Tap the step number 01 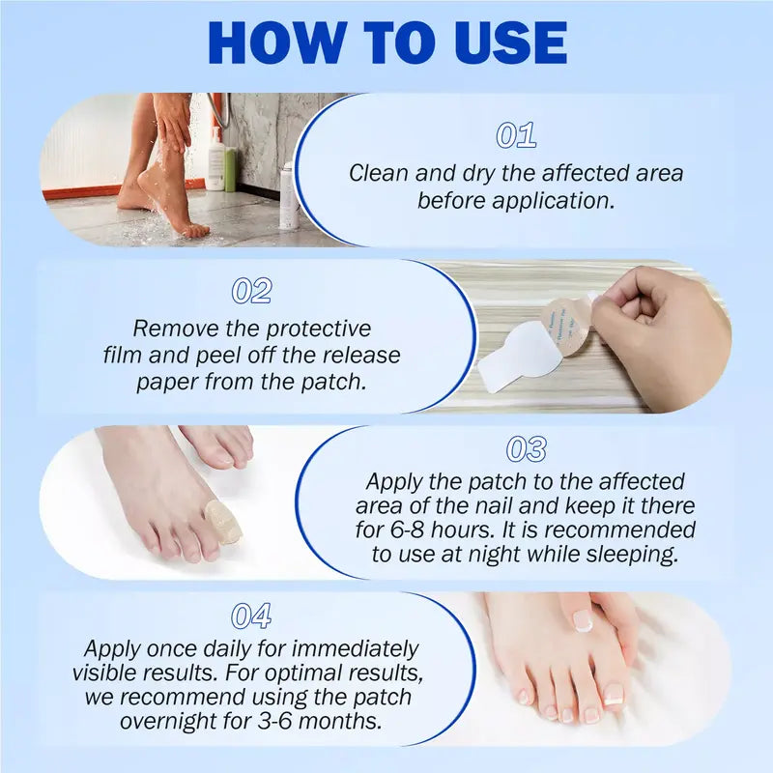516,136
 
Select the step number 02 251,291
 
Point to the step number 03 526,449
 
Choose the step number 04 251,616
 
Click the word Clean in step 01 380,174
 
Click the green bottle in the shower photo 230,168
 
